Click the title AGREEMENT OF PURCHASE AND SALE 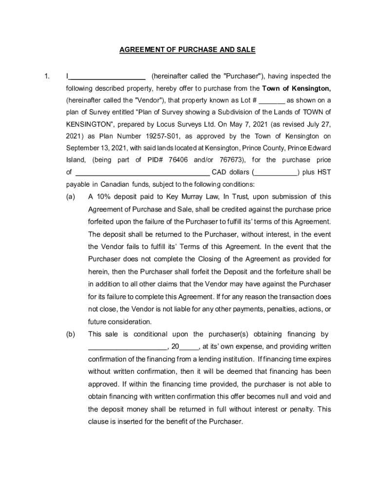point(187,50)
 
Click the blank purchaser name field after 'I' point(107,77)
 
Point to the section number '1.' point(47,77)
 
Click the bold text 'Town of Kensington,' point(297,89)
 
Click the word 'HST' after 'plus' point(324,173)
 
